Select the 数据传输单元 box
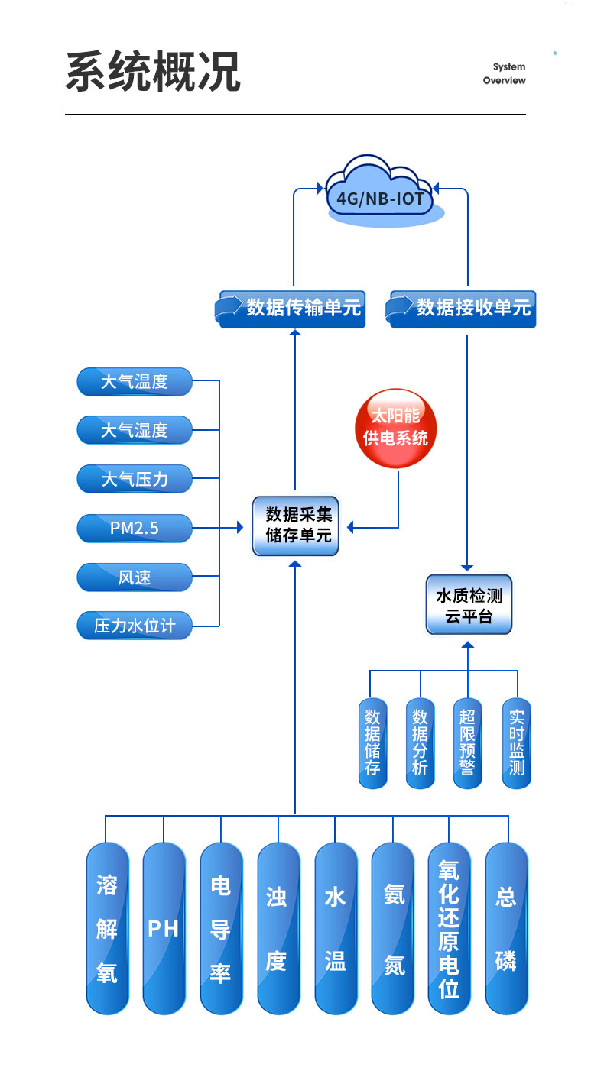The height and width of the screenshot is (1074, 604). click(x=291, y=308)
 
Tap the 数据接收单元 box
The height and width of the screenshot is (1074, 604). click(x=462, y=308)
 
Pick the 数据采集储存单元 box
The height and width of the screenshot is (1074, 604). click(x=295, y=525)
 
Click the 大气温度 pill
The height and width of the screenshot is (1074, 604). click(x=135, y=381)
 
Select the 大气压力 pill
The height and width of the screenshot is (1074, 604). click(x=135, y=479)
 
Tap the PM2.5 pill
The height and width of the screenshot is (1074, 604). click(x=135, y=528)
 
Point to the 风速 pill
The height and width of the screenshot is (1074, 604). click(x=135, y=577)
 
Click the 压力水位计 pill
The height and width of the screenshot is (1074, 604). click(x=135, y=626)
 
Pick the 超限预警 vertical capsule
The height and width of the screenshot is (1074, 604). click(x=467, y=742)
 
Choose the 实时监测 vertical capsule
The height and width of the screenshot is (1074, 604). click(x=517, y=742)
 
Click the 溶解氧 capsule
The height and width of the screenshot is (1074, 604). click(x=107, y=928)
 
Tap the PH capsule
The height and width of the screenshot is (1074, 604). click(x=164, y=928)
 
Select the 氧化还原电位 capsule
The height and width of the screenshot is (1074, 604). click(x=449, y=928)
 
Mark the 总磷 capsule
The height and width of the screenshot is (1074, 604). click(x=506, y=928)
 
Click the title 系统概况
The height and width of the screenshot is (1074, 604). click(x=153, y=73)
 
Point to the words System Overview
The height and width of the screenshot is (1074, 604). click(x=504, y=73)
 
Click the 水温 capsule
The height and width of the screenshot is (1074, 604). click(x=336, y=928)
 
